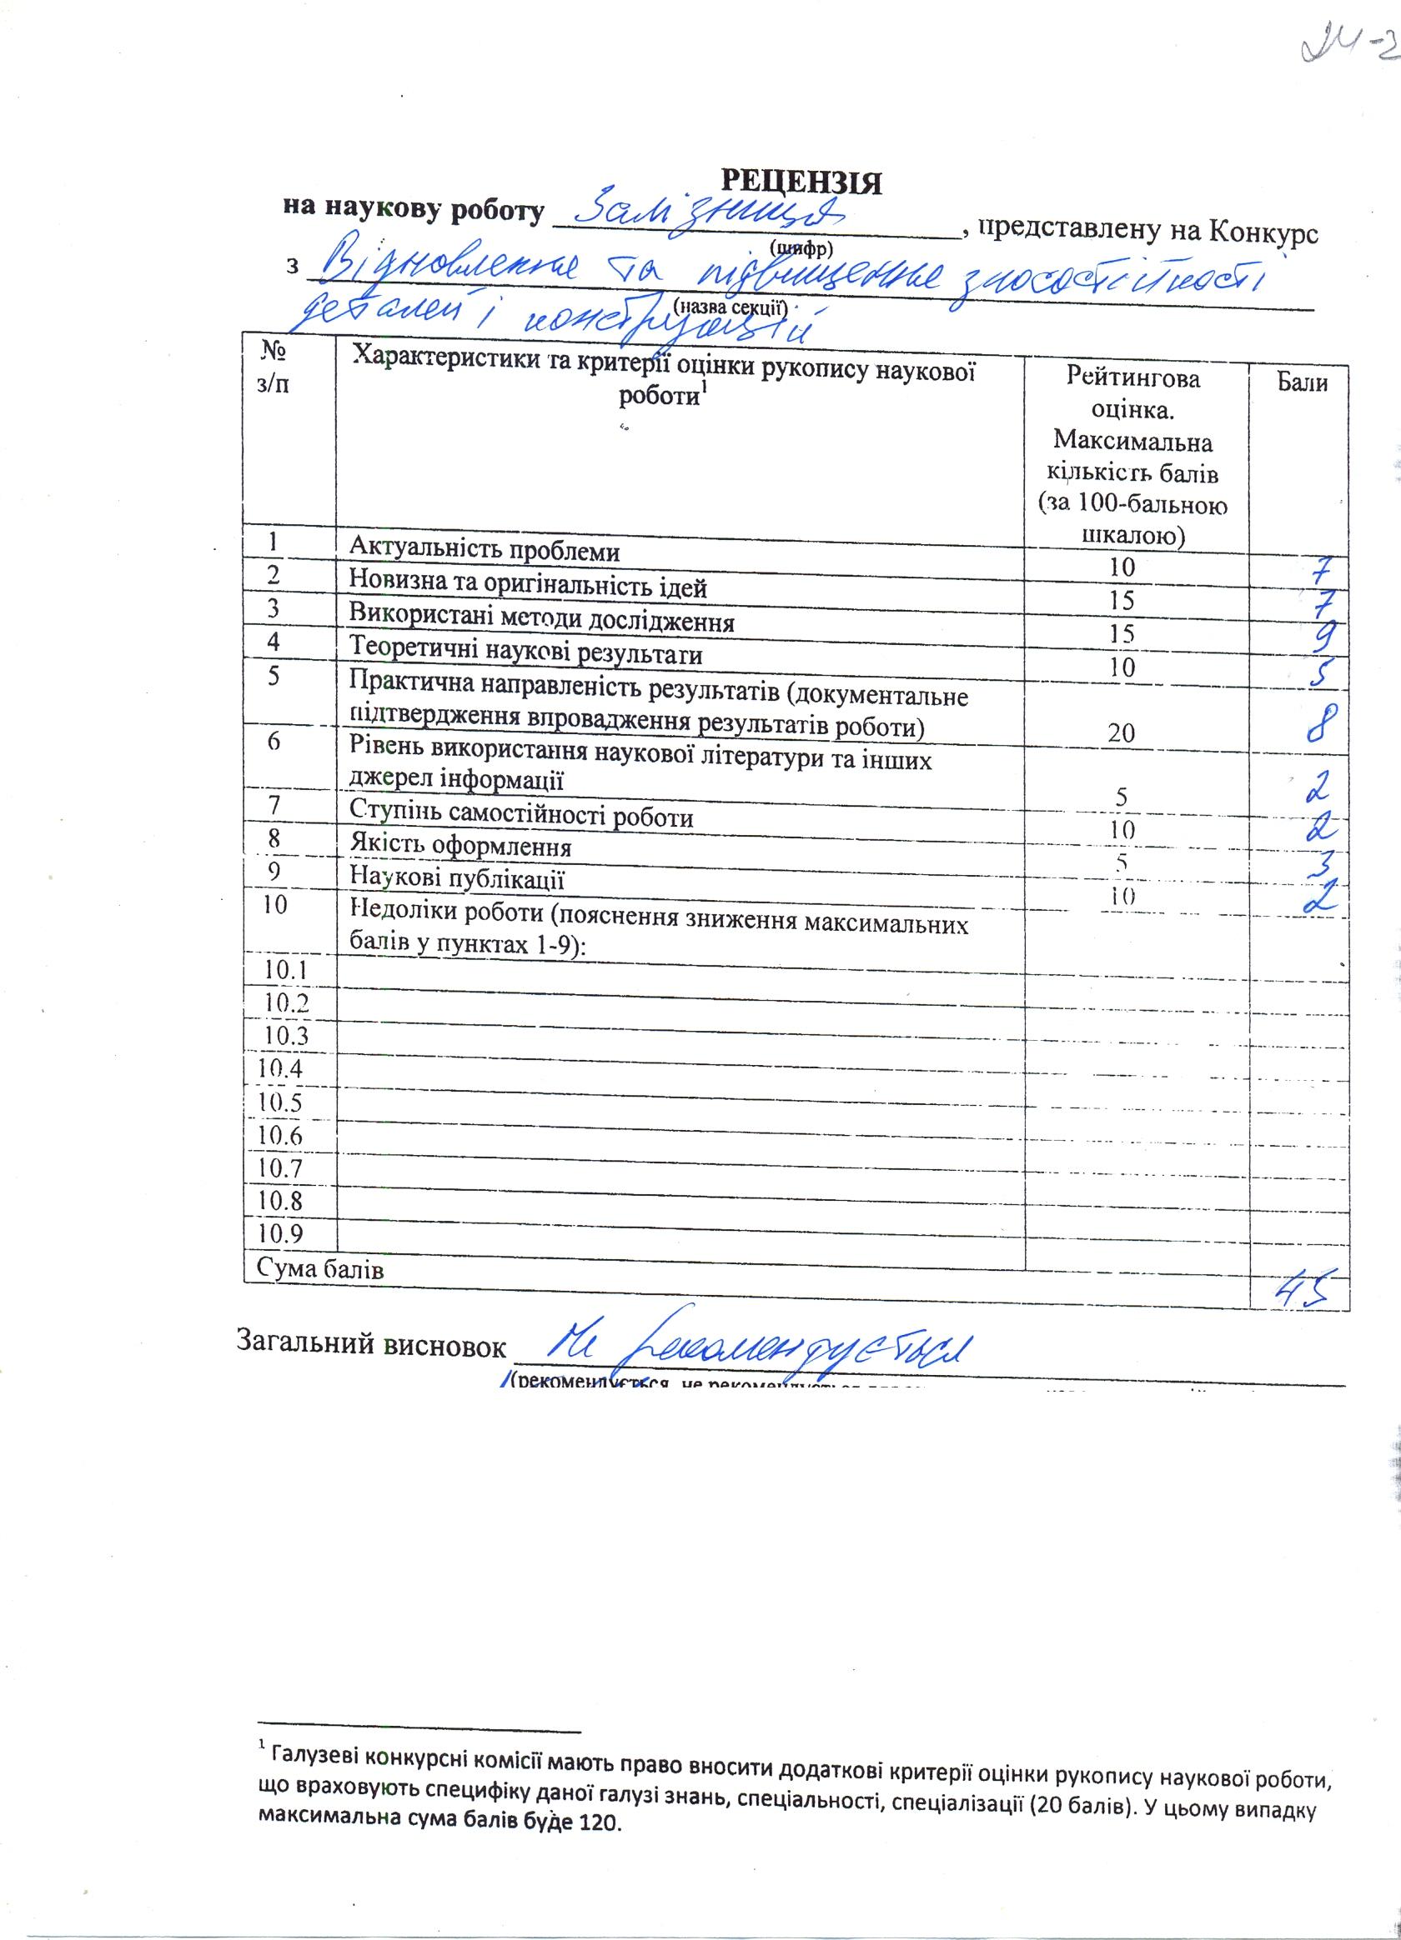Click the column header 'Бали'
(x=1303, y=383)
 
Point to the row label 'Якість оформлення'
(x=461, y=847)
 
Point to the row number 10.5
(x=284, y=1102)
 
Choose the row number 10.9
(x=284, y=1232)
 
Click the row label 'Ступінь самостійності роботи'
(x=521, y=816)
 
